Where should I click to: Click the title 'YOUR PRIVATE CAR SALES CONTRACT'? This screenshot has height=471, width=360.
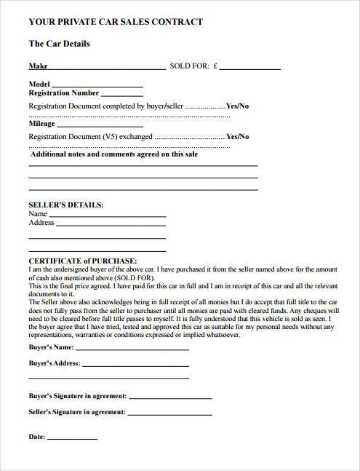click(116, 23)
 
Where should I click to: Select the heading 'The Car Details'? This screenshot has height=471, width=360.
click(59, 44)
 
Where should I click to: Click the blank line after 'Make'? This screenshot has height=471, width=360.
click(108, 68)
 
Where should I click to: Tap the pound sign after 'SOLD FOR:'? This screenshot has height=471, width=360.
click(216, 66)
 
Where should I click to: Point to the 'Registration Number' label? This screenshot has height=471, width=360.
click(63, 93)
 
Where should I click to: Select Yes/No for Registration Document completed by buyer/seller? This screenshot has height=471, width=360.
click(238, 106)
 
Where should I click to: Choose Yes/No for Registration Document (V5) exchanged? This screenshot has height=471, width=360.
click(238, 137)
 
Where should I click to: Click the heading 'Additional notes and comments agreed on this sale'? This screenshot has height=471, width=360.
click(114, 154)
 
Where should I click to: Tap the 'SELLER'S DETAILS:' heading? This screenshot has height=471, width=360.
click(65, 205)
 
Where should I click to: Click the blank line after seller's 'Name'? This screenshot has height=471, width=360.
click(108, 216)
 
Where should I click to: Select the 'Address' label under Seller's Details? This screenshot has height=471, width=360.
click(41, 223)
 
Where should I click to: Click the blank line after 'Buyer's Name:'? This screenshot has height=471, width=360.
click(132, 348)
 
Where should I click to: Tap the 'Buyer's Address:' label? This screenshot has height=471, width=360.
click(54, 362)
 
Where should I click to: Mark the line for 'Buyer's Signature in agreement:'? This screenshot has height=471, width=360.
click(171, 398)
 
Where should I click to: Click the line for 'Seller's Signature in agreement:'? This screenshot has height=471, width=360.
click(171, 413)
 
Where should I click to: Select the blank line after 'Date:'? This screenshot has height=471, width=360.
click(73, 439)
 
